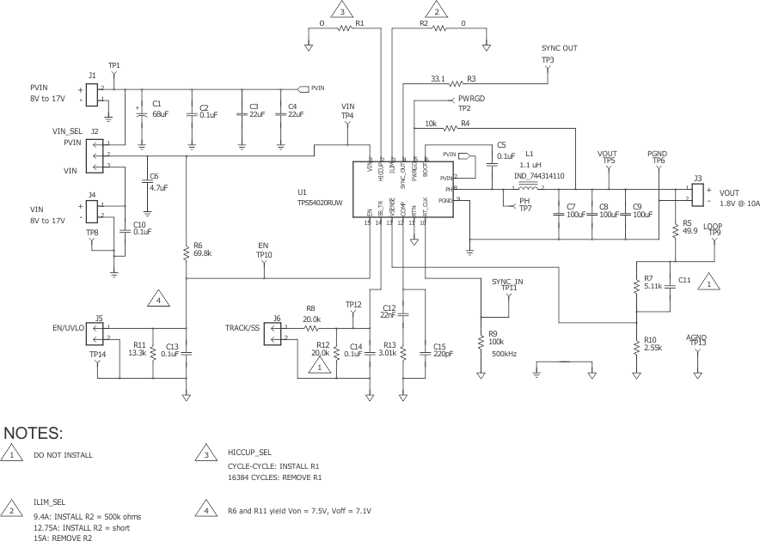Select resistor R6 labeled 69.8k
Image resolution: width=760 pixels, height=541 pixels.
187,252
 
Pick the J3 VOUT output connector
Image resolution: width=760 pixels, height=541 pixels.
698,193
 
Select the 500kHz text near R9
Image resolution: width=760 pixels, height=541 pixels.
505,353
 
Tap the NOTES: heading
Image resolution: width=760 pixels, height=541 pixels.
34,432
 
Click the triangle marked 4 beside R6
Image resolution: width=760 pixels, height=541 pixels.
157,300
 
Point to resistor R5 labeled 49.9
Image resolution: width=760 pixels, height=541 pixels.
675,229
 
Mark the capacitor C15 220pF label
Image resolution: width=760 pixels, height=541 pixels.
444,346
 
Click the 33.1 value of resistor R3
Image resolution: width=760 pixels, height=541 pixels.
437,79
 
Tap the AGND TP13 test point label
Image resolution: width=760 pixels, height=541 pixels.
697,340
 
